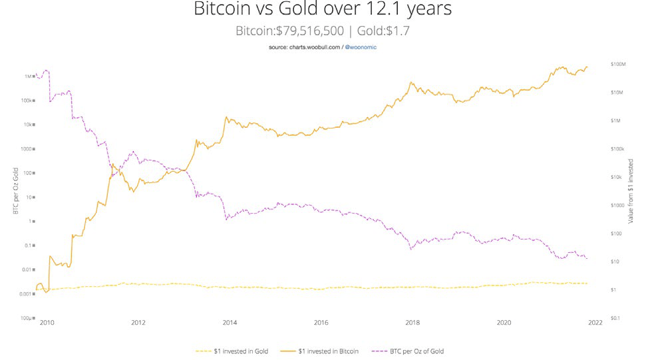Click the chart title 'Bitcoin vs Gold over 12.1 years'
click(x=322, y=10)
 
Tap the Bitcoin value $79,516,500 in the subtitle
click(x=308, y=31)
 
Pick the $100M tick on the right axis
click(x=619, y=64)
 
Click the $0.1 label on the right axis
click(x=616, y=318)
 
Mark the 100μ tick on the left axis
click(x=26, y=318)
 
